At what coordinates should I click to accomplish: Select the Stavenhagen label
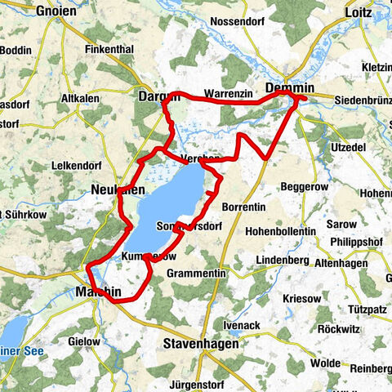coord(201,344)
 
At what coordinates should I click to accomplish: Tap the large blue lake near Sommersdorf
coord(163,208)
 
